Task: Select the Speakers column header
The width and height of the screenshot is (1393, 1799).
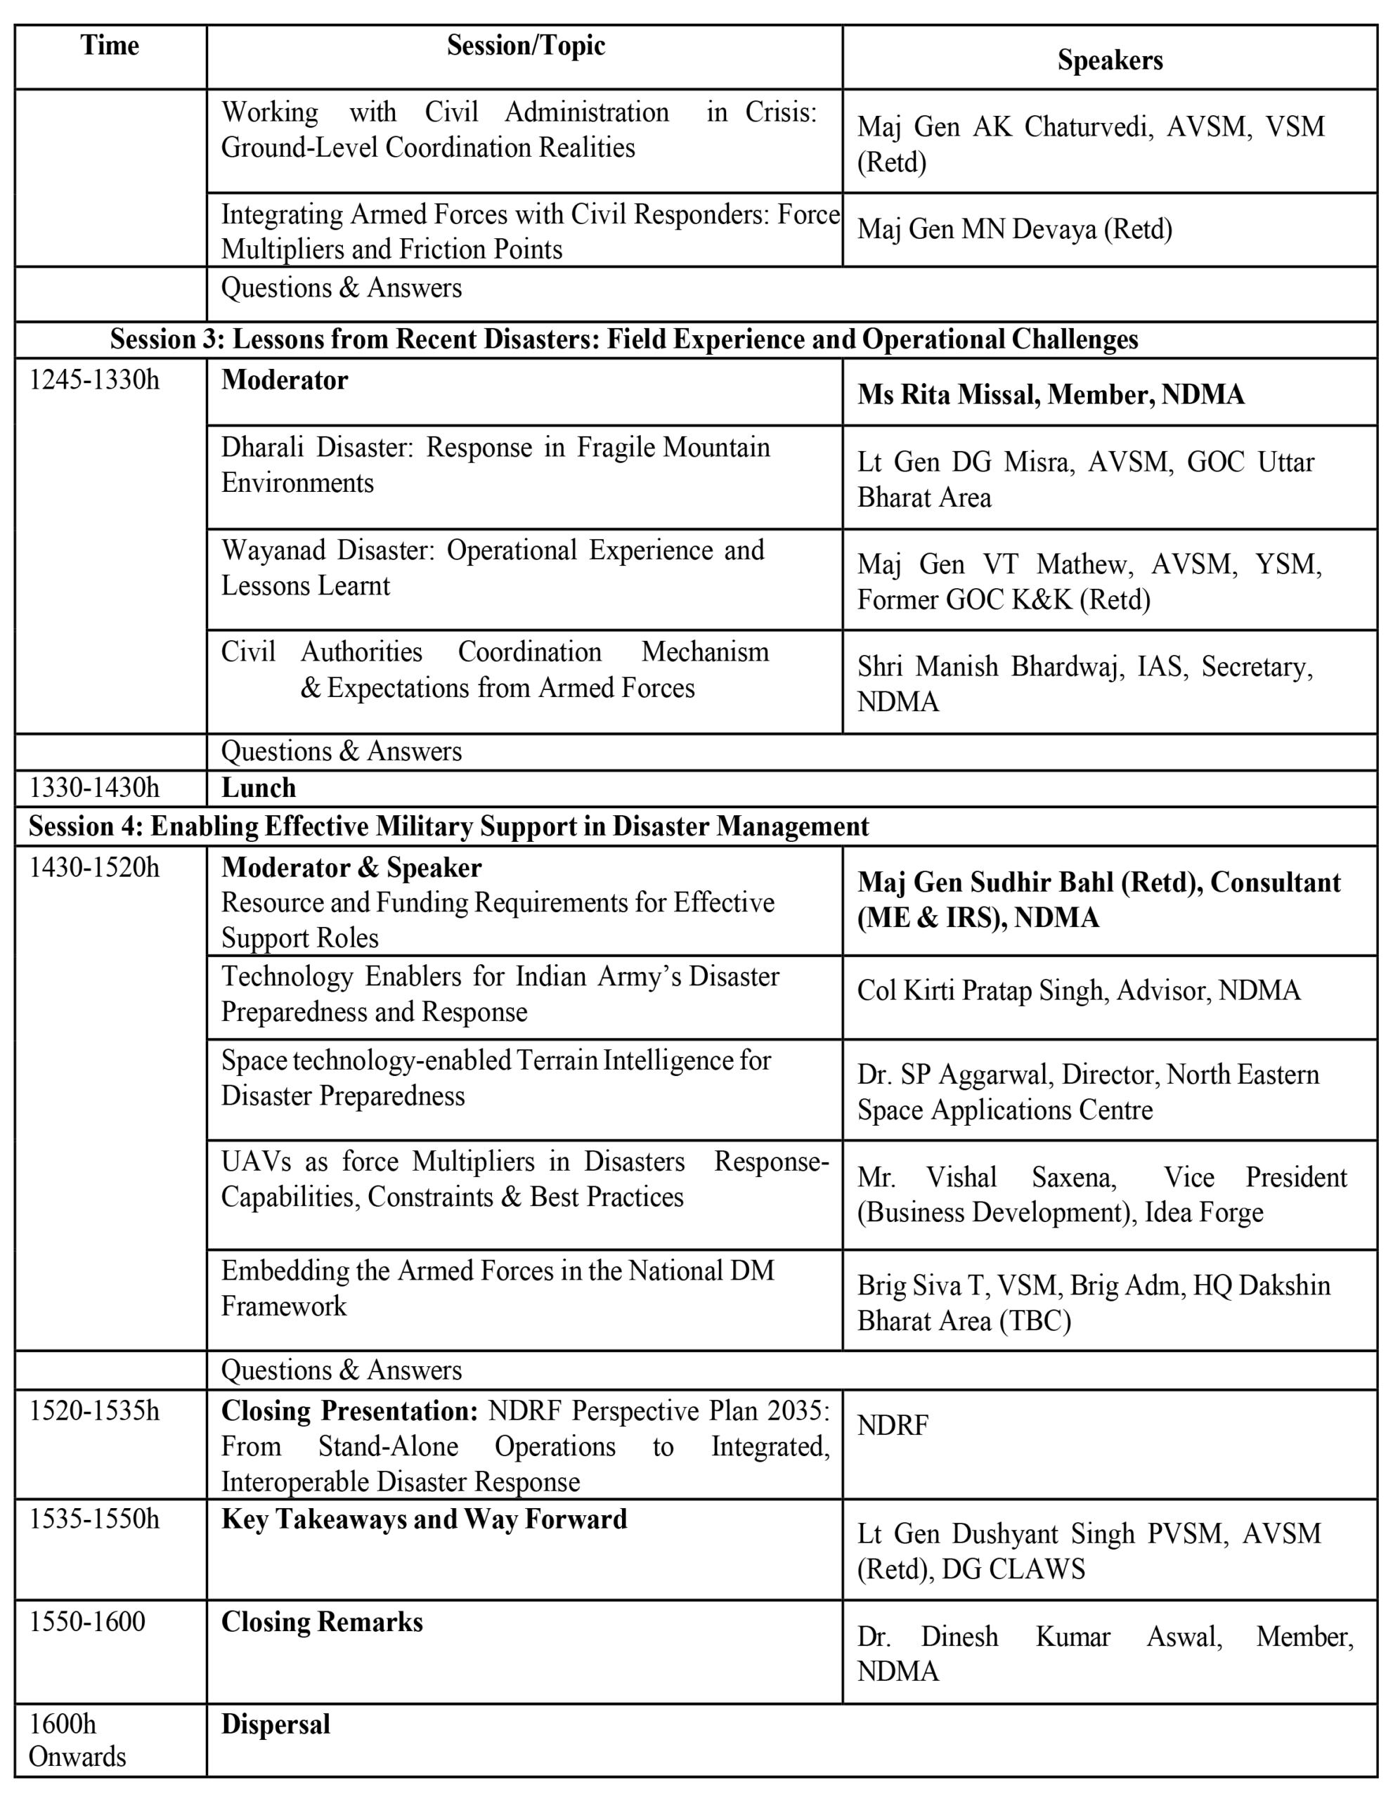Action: (x=1110, y=60)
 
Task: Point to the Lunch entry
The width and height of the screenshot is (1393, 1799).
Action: (x=259, y=788)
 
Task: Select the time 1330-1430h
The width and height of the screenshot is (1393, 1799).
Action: (x=94, y=788)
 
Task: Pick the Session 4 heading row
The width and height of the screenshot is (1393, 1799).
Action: (x=448, y=826)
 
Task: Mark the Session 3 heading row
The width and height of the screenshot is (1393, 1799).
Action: (x=623, y=339)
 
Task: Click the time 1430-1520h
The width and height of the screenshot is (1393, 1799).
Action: (x=94, y=867)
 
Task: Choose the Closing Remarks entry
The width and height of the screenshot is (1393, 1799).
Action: (x=322, y=1622)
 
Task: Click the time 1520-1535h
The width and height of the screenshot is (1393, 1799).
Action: (x=94, y=1411)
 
